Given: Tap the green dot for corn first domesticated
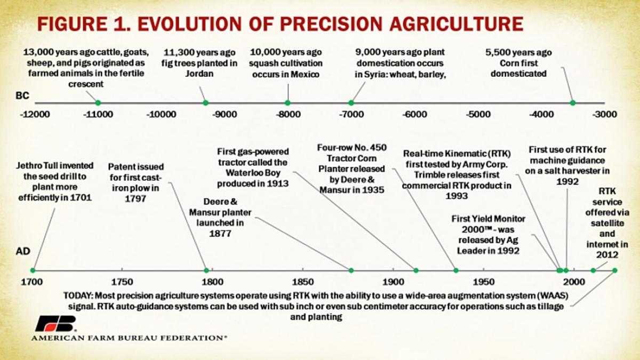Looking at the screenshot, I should pyautogui.click(x=573, y=102).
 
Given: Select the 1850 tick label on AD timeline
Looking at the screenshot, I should pyautogui.click(x=303, y=282).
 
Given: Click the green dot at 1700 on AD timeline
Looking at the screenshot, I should pyautogui.click(x=33, y=270).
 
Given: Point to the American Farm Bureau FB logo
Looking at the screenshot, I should pyautogui.click(x=56, y=323).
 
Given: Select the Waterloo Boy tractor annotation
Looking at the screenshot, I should pyautogui.click(x=253, y=167).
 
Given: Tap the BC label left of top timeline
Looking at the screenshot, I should pyautogui.click(x=22, y=97).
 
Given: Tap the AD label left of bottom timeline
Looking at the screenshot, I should pyautogui.click(x=22, y=251).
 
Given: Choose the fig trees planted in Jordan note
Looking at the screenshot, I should pyautogui.click(x=200, y=63).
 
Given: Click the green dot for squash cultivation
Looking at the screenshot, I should pyautogui.click(x=288, y=102).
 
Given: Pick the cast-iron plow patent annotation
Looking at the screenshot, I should pyautogui.click(x=136, y=182).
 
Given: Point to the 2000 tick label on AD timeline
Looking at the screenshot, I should pyautogui.click(x=573, y=282).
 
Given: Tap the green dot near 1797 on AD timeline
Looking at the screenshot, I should pyautogui.click(x=206, y=270).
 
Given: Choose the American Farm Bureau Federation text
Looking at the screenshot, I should pyautogui.click(x=129, y=338).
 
